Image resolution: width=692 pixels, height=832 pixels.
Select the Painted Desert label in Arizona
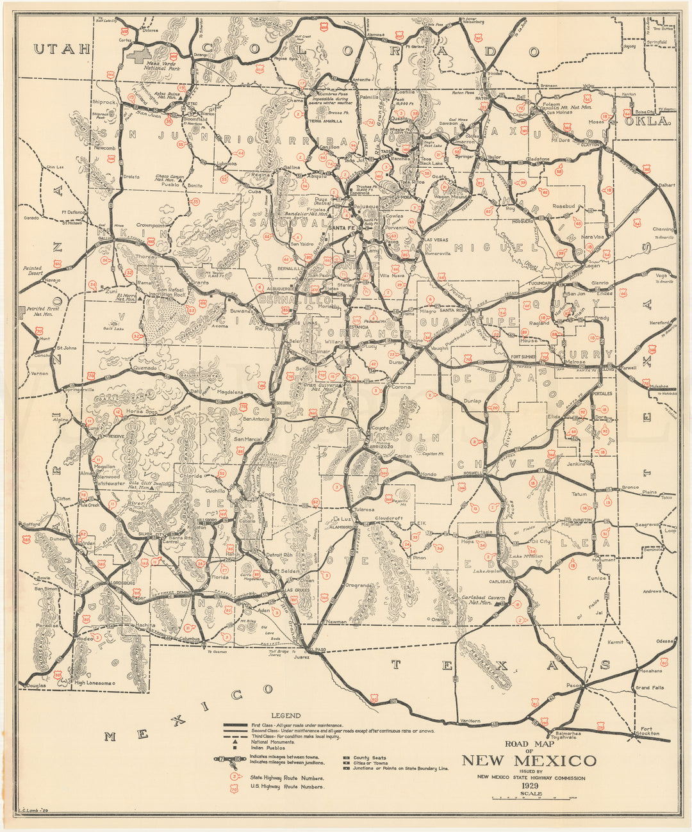click(x=31, y=272)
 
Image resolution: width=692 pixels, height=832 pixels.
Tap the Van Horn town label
click(x=470, y=721)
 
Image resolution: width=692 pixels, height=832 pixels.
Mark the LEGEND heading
click(x=286, y=715)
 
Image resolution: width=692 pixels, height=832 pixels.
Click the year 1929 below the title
click(x=529, y=786)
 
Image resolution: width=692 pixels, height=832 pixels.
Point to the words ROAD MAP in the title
click(x=529, y=744)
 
